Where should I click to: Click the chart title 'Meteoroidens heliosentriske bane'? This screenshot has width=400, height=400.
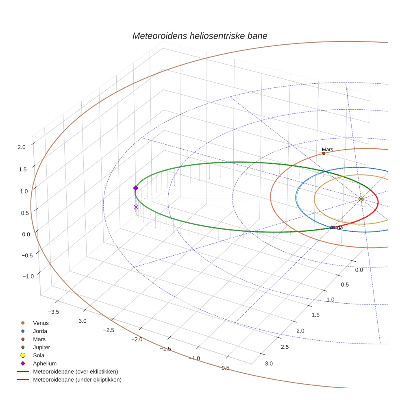click(x=200, y=36)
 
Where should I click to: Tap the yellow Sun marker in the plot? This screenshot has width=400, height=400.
click(x=361, y=199)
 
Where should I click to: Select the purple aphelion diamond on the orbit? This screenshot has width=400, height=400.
click(x=136, y=188)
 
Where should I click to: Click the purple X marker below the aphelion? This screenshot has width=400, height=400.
click(x=136, y=207)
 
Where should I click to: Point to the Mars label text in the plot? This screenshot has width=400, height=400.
click(x=327, y=150)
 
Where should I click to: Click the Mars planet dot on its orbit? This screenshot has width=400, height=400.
click(x=324, y=153)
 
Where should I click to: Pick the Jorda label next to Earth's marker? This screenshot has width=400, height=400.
click(x=337, y=228)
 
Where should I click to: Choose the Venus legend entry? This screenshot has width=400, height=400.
click(x=41, y=323)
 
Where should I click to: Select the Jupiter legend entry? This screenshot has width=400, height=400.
click(x=41, y=347)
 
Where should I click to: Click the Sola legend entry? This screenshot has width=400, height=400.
click(x=39, y=355)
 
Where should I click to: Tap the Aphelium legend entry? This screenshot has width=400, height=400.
click(x=44, y=363)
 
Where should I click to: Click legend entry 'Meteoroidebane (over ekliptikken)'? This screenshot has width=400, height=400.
click(x=75, y=372)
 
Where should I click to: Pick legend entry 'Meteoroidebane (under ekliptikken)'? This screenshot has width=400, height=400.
click(x=77, y=380)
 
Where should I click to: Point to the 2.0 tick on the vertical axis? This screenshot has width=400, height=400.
click(x=22, y=147)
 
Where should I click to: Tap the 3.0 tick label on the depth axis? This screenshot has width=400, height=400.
click(x=269, y=363)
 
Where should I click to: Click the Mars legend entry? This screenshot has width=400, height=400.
click(x=39, y=339)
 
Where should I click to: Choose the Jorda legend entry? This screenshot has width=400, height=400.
click(x=40, y=331)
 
